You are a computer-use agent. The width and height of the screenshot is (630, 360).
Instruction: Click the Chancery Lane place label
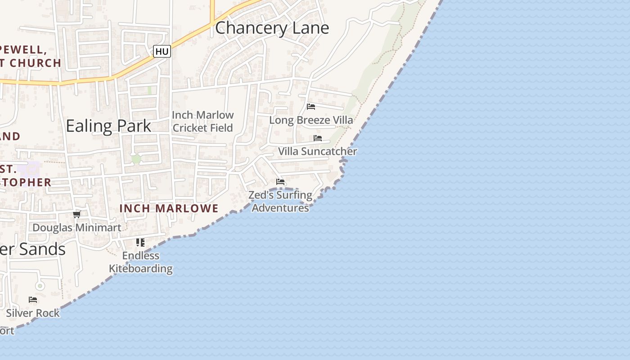[272, 28]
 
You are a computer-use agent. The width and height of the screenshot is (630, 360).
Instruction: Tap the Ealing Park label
[108, 126]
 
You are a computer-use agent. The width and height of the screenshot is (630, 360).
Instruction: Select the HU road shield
[162, 52]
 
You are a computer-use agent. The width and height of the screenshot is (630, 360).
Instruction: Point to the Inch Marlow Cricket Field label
[203, 121]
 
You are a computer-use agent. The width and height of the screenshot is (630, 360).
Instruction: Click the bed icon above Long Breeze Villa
[311, 107]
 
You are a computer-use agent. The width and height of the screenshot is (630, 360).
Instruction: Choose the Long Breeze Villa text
[311, 120]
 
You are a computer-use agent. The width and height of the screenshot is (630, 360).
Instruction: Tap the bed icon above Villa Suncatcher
[318, 138]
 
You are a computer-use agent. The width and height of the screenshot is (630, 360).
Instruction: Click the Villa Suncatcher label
[317, 151]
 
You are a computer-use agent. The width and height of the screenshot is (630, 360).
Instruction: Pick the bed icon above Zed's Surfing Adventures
[280, 182]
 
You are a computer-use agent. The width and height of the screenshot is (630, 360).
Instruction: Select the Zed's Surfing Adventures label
[280, 201]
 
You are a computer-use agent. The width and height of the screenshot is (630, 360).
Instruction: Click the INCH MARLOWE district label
[169, 208]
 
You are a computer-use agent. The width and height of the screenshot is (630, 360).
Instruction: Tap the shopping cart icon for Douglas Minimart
[77, 214]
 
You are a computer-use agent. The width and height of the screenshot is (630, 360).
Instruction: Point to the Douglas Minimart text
[77, 228]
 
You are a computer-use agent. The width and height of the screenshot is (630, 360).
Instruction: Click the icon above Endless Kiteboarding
[140, 243]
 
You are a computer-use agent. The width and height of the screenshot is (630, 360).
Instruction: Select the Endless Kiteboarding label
[141, 262]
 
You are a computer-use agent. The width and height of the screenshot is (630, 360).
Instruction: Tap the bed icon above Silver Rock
[33, 300]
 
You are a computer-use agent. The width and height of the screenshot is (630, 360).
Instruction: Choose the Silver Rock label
[33, 313]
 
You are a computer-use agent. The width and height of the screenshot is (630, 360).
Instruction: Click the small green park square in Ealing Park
[136, 159]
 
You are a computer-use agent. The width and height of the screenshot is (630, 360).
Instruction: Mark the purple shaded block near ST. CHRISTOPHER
[32, 169]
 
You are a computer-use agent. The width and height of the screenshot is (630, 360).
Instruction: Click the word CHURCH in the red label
[35, 63]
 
